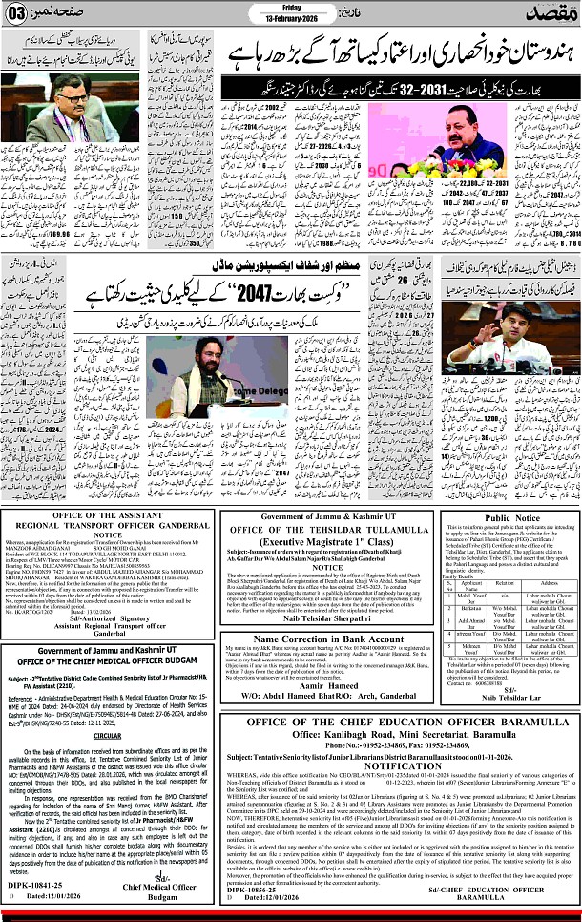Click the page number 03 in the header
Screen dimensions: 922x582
pyautogui.click(x=19, y=15)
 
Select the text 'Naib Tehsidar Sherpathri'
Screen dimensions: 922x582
pyautogui.click(x=314, y=669)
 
